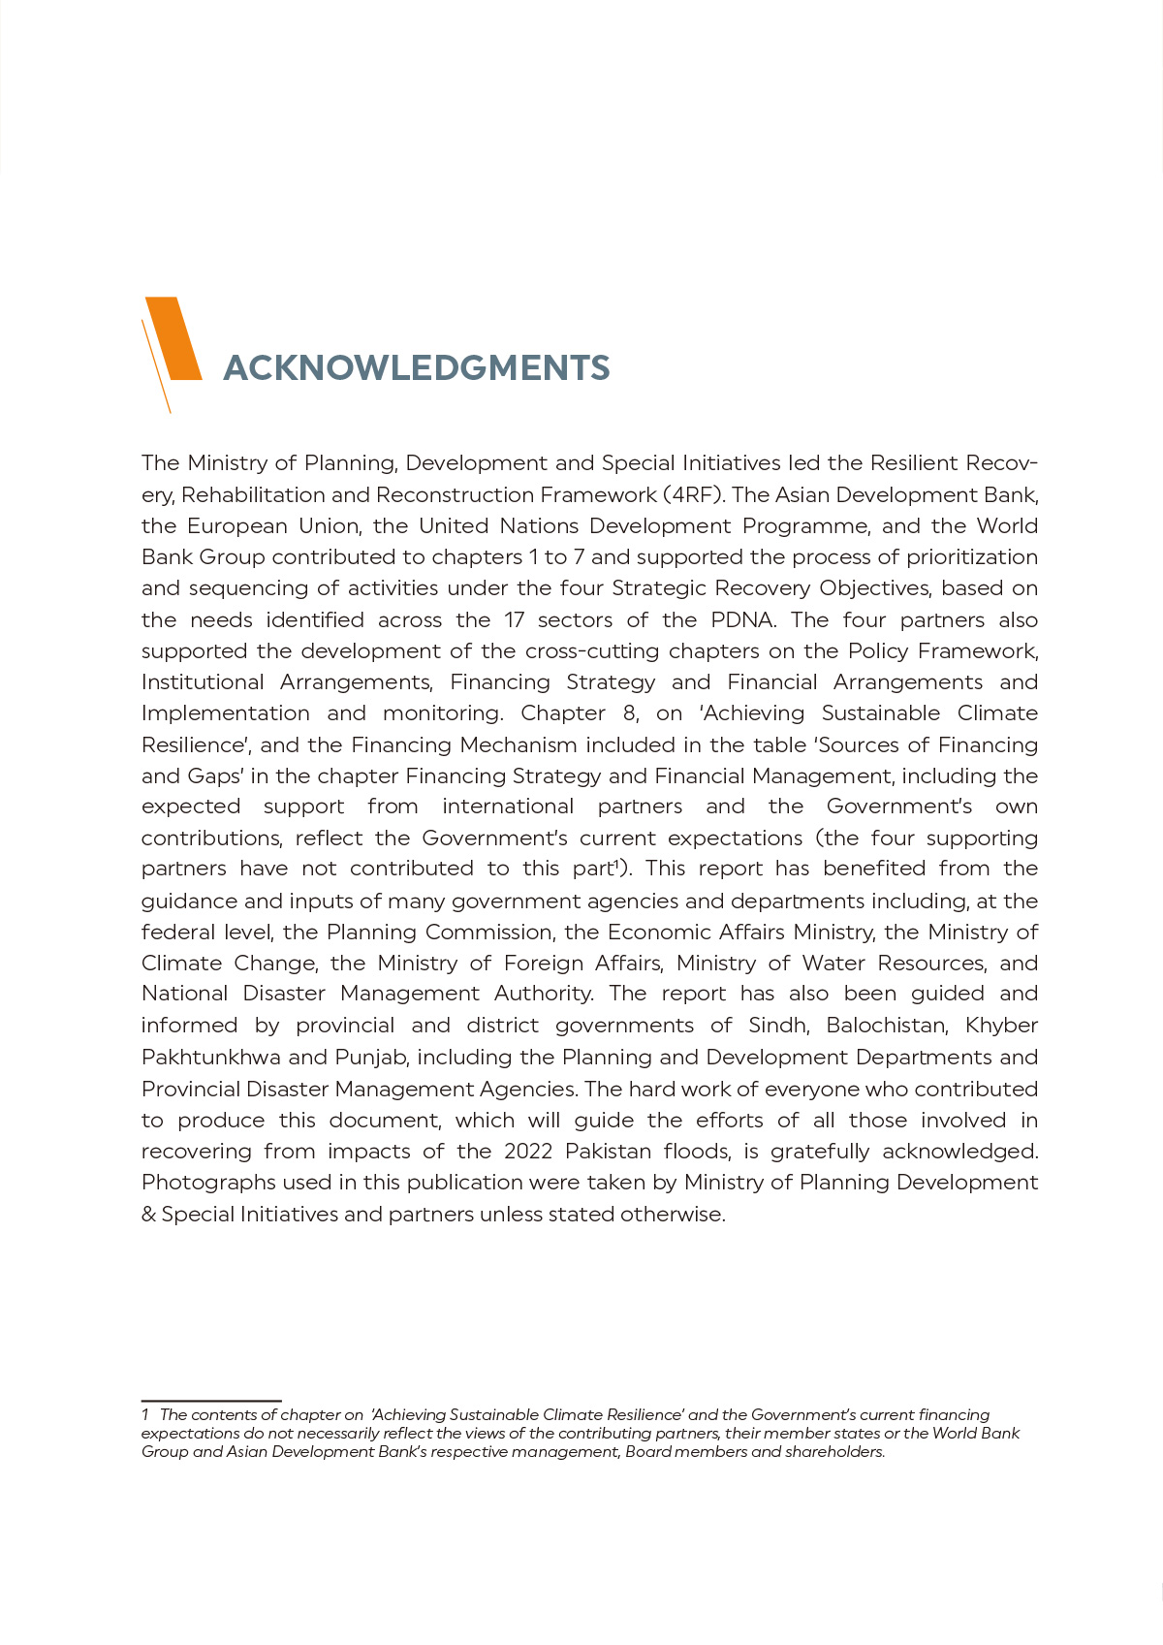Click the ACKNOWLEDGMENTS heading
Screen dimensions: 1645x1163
[x=417, y=368]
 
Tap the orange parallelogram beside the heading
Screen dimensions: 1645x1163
[x=174, y=338]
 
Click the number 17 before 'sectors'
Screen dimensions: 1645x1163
[x=514, y=620]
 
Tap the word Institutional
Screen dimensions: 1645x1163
[x=203, y=682]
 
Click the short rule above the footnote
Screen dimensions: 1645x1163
[x=211, y=1401]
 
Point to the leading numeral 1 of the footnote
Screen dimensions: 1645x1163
[x=145, y=1415]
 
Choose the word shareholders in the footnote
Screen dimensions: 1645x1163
[x=834, y=1452]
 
